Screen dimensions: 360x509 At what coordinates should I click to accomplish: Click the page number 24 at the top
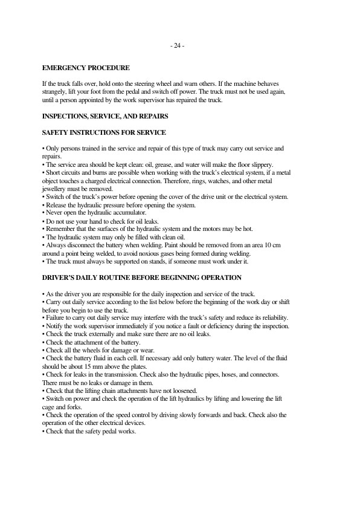[x=179, y=47]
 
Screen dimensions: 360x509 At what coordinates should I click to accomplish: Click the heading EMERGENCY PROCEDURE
[x=85, y=68]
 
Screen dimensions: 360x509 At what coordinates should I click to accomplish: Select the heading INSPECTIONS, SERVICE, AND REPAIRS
[x=104, y=115]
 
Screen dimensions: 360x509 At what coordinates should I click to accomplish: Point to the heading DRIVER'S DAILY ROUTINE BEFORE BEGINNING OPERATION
[x=142, y=277]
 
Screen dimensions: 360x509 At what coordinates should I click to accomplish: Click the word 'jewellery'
[x=56, y=189]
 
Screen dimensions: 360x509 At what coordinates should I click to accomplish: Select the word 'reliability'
[x=272, y=318]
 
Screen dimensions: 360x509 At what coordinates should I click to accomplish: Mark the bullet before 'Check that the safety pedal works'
[x=43, y=431]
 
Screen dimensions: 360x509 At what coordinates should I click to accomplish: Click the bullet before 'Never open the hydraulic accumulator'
[x=43, y=213]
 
